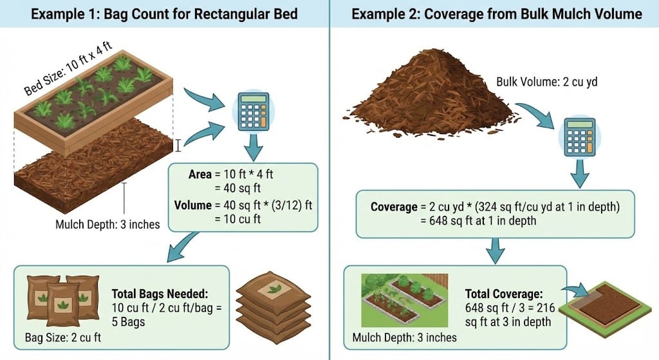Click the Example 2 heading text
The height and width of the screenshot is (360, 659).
pyautogui.click(x=495, y=14)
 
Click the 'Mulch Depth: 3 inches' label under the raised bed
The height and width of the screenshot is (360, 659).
pyautogui.click(x=108, y=225)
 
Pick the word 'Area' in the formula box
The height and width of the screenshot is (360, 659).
pyautogui.click(x=201, y=175)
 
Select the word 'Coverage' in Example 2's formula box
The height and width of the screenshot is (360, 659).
pyautogui.click(x=394, y=207)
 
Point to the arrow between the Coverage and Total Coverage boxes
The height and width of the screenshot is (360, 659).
pyautogui.click(x=495, y=252)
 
